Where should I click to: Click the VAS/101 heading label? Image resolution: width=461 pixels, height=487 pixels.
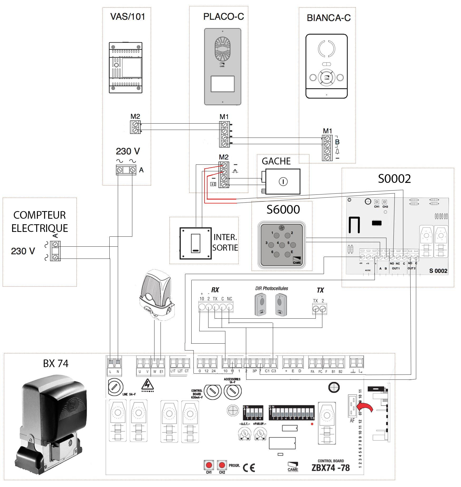click(x=128, y=17)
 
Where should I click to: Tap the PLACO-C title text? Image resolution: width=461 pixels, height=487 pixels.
click(x=224, y=17)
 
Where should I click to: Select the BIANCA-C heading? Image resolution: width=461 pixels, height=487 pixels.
click(x=328, y=18)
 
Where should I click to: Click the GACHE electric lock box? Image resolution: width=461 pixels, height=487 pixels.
click(x=283, y=182)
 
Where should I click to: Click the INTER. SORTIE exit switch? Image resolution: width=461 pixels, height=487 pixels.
click(x=196, y=243)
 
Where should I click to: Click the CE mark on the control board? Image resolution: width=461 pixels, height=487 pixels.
click(x=249, y=468)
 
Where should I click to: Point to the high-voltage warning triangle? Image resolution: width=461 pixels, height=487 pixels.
click(x=147, y=385)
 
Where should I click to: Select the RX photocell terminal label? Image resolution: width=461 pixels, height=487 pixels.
click(x=215, y=290)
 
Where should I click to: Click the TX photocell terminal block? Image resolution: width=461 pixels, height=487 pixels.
click(x=319, y=309)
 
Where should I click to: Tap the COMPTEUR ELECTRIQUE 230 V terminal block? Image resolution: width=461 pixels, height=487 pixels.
click(x=55, y=251)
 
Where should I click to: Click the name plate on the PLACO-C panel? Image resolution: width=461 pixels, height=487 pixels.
click(x=222, y=84)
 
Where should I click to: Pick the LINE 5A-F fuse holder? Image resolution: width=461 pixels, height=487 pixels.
click(x=115, y=387)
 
